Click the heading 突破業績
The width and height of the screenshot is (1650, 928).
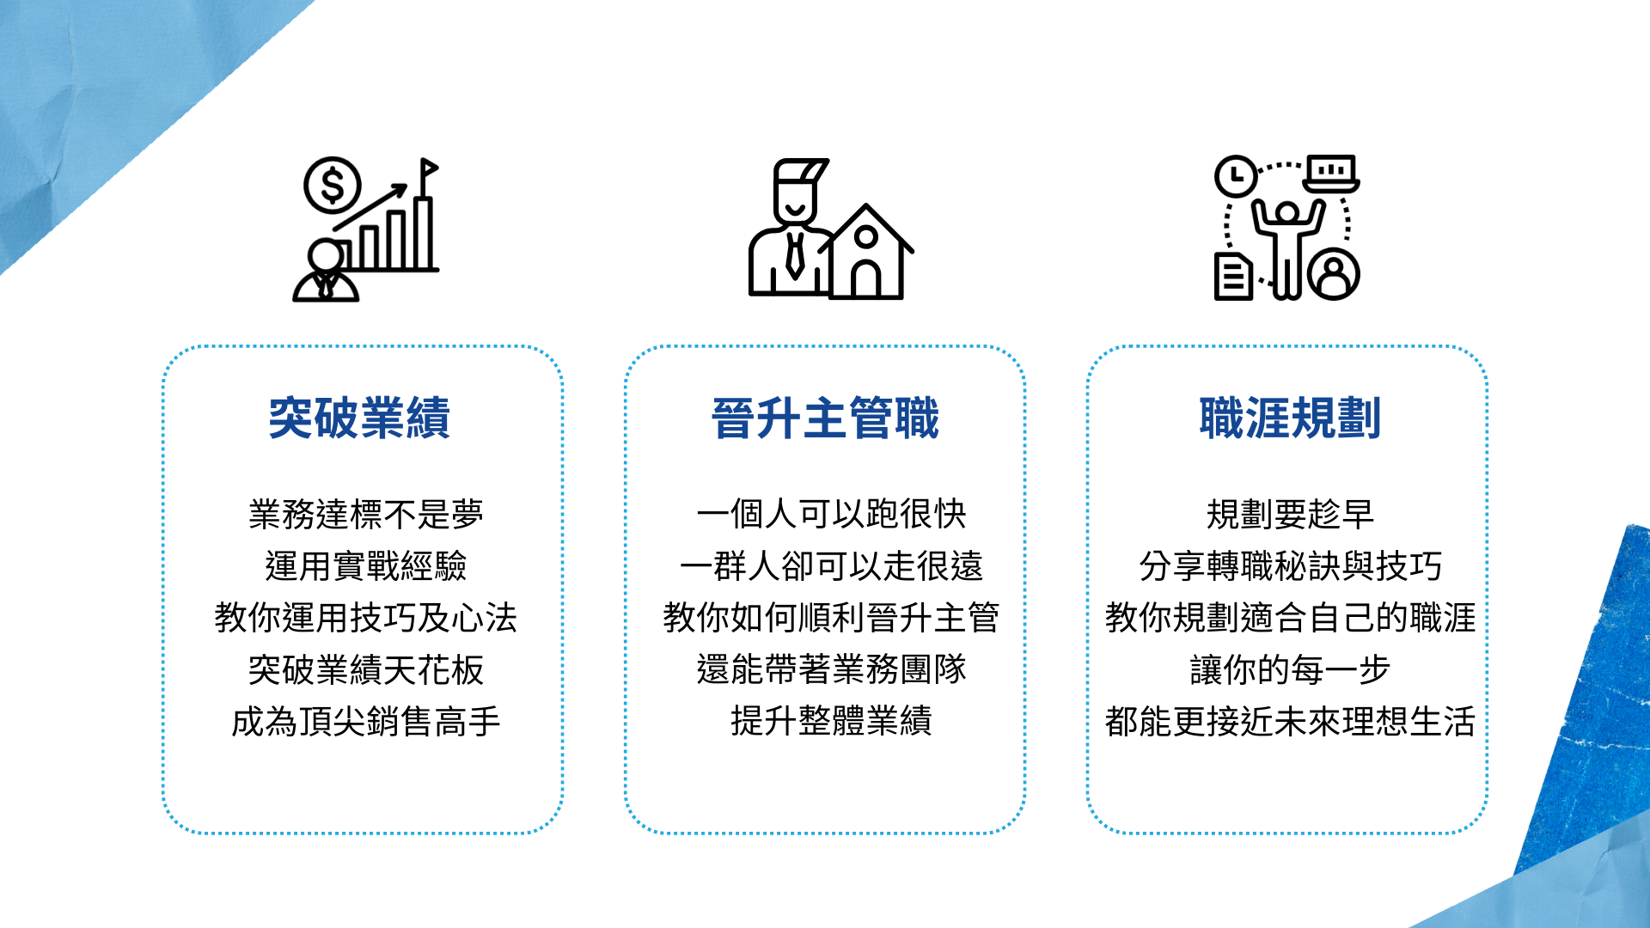click(359, 418)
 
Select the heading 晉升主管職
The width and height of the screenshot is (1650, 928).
click(825, 418)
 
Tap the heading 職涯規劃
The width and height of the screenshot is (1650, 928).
click(1290, 418)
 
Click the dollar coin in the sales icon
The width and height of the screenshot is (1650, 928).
click(333, 186)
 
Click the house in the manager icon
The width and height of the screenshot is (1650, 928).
click(866, 252)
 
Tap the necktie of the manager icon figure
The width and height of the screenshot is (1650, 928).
click(795, 254)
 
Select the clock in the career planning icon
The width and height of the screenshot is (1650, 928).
click(1236, 176)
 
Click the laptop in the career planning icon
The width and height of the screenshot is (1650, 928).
click(1331, 174)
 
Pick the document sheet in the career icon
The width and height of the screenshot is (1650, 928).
click(1233, 276)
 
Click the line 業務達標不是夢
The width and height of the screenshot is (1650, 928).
click(366, 515)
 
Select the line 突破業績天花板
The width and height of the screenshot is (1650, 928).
click(366, 669)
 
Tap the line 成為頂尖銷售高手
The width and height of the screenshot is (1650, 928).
click(366, 721)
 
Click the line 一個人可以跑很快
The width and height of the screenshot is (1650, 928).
click(831, 515)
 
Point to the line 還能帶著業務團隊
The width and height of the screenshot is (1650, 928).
click(831, 669)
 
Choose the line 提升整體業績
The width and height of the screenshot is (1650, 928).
click(831, 721)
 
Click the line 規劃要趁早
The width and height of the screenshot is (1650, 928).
click(1290, 515)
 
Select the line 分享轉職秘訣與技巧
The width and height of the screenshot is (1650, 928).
click(1290, 566)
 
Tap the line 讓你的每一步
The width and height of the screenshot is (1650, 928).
click(1290, 669)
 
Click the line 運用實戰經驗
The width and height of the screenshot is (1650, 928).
click(366, 566)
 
